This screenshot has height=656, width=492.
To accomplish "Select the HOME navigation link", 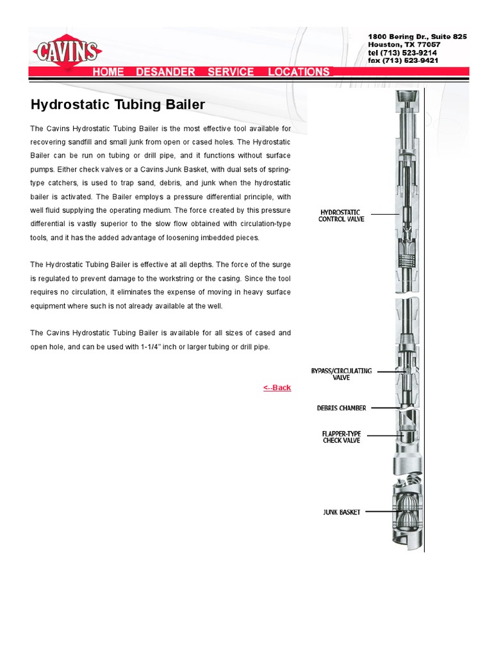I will coord(108,72).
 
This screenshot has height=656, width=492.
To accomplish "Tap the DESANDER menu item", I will coord(165,72).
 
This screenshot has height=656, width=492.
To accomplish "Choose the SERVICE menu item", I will coord(231,72).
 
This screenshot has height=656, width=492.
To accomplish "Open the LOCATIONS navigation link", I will coord(299,72).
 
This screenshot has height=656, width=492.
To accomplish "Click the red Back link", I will coord(277,388).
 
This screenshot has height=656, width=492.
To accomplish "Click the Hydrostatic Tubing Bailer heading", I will coord(118,104).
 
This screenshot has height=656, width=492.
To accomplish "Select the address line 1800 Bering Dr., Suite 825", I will coord(417,37).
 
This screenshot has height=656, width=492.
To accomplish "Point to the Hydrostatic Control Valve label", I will coord(341,215).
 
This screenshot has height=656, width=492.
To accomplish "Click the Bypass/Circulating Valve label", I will coord(341,374).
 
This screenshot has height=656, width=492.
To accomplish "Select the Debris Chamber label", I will coord(341,407).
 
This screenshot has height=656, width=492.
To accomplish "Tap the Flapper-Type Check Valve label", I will coord(341,437).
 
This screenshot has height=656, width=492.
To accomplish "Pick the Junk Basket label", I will coord(341,512).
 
